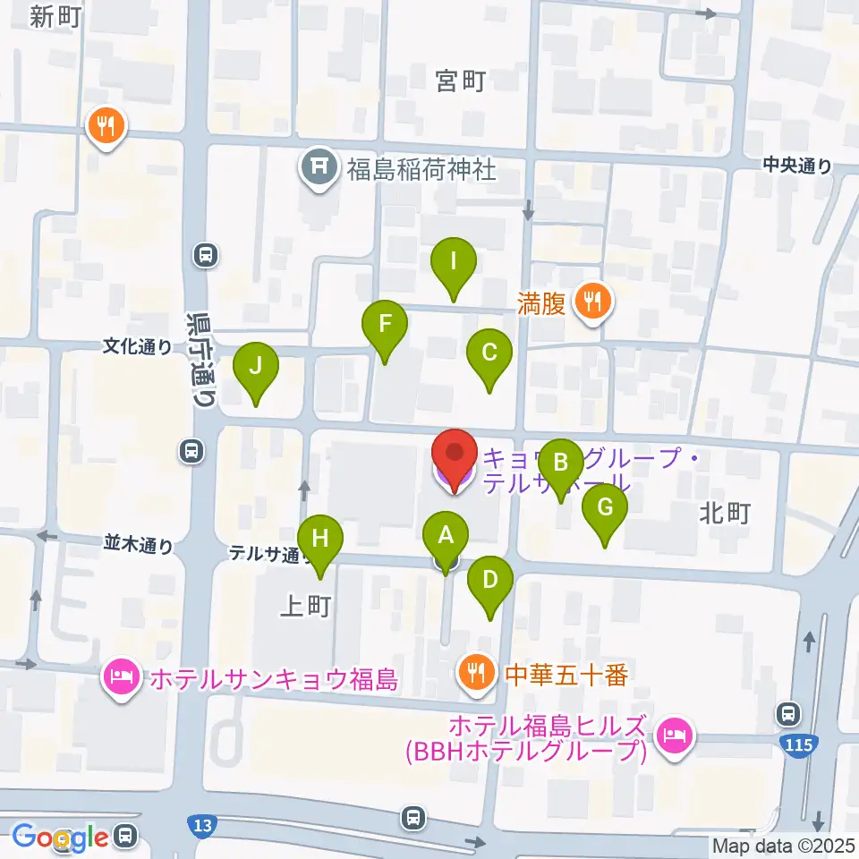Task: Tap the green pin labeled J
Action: coord(256,367)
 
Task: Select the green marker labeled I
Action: coord(454,262)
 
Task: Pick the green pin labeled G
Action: coord(605,508)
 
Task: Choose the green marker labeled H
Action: coord(320,540)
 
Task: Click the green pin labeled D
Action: coord(489,580)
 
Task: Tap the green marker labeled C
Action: coord(489,353)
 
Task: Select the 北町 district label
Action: coord(726,513)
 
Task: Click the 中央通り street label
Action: coord(797,165)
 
